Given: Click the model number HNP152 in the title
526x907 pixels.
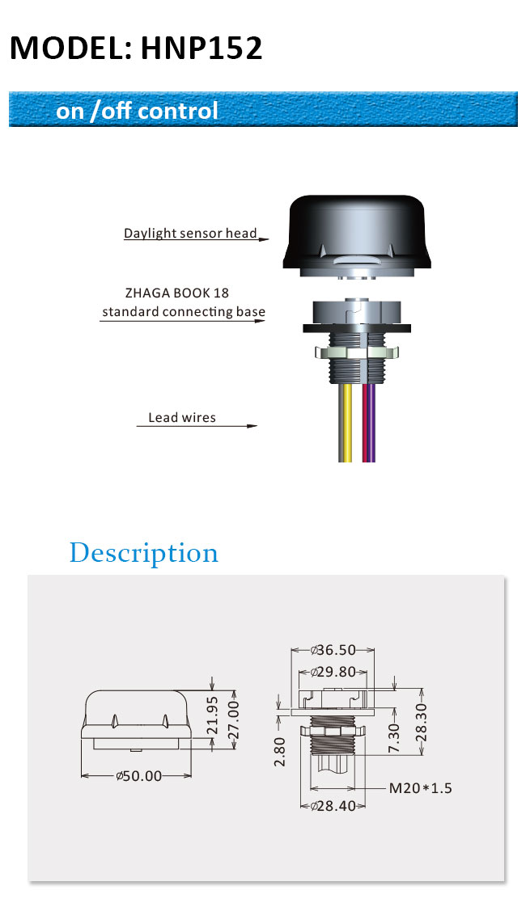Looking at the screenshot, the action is point(201,48).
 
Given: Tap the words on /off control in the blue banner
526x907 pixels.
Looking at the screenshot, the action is point(137,111).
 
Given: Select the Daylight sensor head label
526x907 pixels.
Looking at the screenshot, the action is point(190,233).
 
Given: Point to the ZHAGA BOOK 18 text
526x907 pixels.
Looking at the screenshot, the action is point(177,293).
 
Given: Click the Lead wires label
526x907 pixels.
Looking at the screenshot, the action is point(182,418).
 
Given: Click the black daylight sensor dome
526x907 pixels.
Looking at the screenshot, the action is point(357,232).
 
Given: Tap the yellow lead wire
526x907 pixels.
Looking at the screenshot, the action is point(346,422).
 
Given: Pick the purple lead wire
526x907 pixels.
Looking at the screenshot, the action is point(371,422).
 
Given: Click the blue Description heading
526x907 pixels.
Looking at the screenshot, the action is point(144,553).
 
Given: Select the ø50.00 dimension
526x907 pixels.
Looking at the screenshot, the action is point(139,776).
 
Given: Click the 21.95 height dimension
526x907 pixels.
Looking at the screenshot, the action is point(213,715).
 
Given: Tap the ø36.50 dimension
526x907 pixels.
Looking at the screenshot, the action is point(333,650).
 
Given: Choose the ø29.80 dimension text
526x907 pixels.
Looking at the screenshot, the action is point(333,672).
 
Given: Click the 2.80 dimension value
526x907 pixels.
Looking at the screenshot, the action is point(280,752).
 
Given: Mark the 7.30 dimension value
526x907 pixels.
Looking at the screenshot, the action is point(394,737).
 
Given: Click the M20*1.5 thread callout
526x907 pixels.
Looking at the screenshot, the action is point(421,788).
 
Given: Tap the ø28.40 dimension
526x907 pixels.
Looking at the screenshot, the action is point(333,806).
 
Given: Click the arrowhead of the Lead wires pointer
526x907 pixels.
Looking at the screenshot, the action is point(252,426).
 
